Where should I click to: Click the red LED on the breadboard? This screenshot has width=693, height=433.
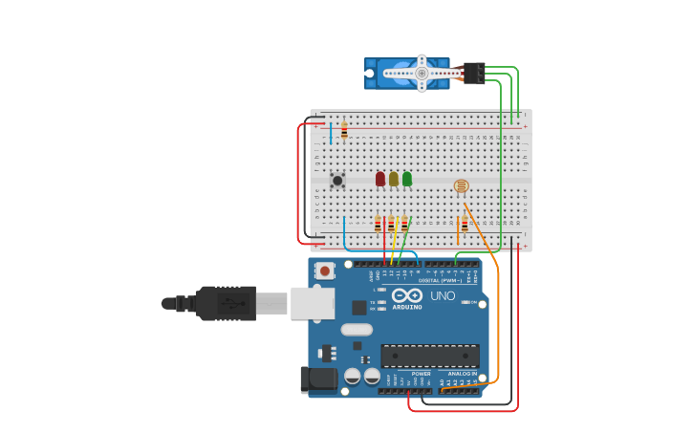pos(380,179)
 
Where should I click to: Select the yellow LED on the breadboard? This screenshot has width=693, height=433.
pos(394,179)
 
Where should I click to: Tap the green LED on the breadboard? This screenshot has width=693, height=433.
pos(407,179)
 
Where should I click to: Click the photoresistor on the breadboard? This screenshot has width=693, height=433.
pos(461,186)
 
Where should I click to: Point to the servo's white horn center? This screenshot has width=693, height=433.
pos(421,73)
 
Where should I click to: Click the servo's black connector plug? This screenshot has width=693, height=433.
pos(474,73)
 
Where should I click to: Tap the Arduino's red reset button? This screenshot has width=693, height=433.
pos(325,271)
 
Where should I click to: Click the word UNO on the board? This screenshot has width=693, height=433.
pos(443,296)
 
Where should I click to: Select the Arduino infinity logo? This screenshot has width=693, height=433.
pos(407,295)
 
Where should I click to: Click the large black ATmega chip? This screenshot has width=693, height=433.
pos(430,356)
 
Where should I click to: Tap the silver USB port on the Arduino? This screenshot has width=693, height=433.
pos(313,303)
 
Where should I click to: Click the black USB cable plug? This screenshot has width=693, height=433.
pos(226,303)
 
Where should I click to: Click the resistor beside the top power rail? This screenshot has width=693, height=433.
pos(344,131)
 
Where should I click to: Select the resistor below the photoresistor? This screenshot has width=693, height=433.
pos(465,225)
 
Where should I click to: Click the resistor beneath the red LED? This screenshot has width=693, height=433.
pos(378,225)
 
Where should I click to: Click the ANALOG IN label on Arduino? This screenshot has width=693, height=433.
pos(462,374)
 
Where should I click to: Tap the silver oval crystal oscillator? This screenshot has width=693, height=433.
pos(357,330)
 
